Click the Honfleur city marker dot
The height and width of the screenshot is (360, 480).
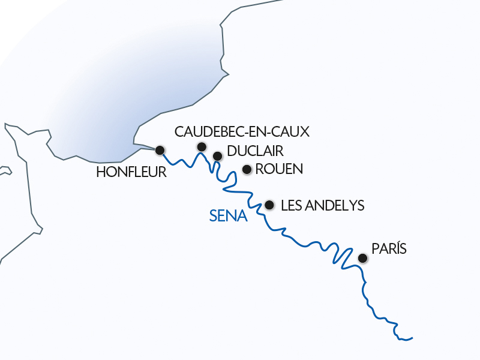[x=160, y=150]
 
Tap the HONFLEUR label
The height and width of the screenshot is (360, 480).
[x=131, y=173]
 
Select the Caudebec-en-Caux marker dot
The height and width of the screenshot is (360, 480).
[x=202, y=147]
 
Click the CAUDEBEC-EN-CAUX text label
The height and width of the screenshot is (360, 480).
[x=241, y=132]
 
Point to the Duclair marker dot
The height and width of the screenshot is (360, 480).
[x=217, y=156]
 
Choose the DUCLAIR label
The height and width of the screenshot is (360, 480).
[x=255, y=151]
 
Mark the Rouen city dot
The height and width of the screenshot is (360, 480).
[x=246, y=169]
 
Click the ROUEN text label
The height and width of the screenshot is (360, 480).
[x=279, y=169]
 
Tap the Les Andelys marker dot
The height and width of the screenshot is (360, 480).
[x=269, y=205]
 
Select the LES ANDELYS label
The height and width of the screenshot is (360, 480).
[x=322, y=205]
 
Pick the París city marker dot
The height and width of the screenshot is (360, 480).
[x=362, y=259]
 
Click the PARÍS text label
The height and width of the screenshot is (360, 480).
[x=389, y=248]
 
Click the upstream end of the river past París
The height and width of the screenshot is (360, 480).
[x=412, y=338]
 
